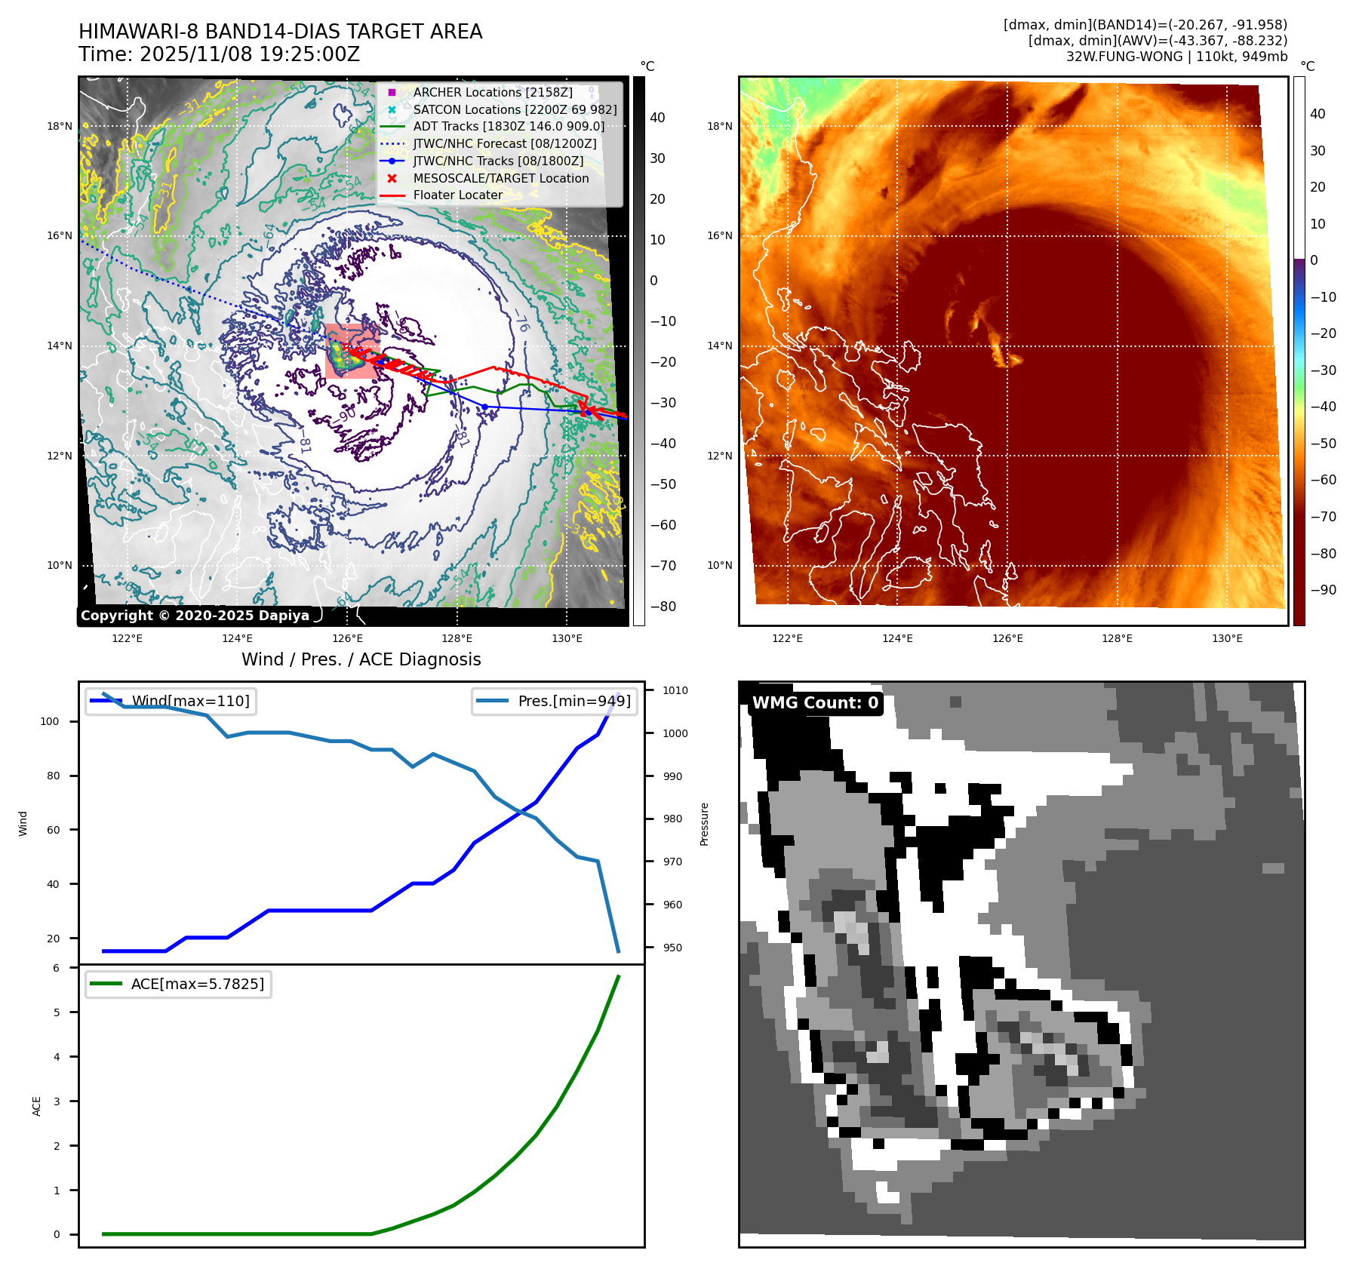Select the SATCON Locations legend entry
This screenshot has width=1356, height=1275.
click(514, 109)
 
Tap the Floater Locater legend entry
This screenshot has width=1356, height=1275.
click(457, 195)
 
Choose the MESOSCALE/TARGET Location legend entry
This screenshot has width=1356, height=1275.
click(500, 178)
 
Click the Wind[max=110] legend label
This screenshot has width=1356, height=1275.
click(190, 701)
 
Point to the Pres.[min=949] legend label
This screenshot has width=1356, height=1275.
click(573, 701)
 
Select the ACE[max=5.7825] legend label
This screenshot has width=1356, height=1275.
click(197, 984)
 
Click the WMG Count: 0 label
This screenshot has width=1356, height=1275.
click(815, 702)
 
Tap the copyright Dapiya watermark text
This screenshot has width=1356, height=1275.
click(195, 616)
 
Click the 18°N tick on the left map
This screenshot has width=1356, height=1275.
click(60, 126)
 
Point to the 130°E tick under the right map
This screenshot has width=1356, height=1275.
click(1227, 638)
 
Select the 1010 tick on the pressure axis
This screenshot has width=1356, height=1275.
click(675, 690)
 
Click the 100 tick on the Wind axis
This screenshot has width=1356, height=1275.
click(49, 721)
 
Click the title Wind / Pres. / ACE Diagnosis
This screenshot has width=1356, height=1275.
click(361, 659)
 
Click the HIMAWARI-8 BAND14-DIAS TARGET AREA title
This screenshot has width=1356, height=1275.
click(280, 32)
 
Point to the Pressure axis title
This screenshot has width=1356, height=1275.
click(704, 824)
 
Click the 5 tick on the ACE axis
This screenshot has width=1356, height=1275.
click(57, 1012)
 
